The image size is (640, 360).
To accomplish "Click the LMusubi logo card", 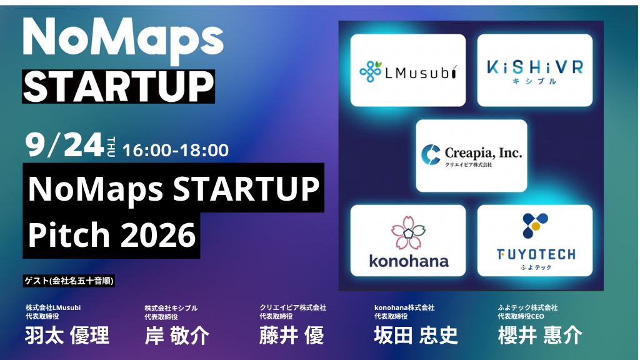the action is click(407, 70).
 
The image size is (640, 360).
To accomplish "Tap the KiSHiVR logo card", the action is click(535, 70).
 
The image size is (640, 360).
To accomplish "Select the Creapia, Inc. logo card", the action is click(471, 156).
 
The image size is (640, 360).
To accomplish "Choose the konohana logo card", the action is click(407, 241).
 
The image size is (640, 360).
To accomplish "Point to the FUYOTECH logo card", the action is click(535, 241).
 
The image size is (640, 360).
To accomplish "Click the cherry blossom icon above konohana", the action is click(408, 232).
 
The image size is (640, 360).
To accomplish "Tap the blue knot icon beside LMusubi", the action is click(371, 71).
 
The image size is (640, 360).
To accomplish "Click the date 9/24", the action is click(64, 145).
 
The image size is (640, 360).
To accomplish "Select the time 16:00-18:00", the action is click(176, 150).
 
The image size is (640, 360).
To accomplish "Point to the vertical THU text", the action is click(111, 147).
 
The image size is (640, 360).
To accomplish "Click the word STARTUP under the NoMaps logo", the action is click(118, 86).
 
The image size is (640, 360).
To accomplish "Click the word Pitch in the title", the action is click(69, 234).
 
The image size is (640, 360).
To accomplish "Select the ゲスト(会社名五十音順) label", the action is click(69, 281).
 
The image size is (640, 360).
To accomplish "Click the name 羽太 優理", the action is click(67, 336).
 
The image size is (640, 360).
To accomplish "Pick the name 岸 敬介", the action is click(177, 336).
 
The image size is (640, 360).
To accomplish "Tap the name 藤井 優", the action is click(292, 336).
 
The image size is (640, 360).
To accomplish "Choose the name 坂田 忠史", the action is click(416, 336).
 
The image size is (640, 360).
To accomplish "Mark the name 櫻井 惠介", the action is click(540, 336).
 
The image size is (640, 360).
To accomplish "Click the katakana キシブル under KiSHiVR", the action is click(534, 81).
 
